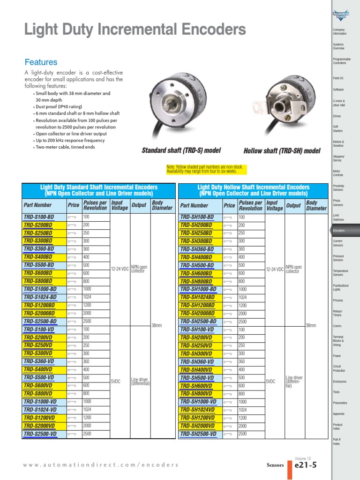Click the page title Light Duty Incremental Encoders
pos(135,30)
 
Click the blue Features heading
pos(41,62)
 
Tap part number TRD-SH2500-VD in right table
pos(198,434)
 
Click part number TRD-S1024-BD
pos(40,297)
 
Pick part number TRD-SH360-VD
pos(197,362)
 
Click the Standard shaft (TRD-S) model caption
pos(181,150)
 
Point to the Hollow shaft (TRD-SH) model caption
pos(282,151)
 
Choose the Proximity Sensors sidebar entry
pos(338,188)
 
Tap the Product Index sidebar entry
pos(337,427)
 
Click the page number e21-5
pos(306,465)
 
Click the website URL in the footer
pos(101,465)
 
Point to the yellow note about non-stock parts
pos(205,169)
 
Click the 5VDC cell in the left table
pos(115,382)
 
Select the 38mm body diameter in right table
pos(310,325)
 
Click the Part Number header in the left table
pos(37,205)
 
